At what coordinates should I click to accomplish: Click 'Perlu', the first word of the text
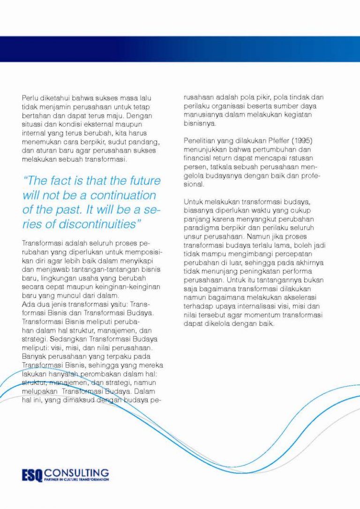tap(30, 97)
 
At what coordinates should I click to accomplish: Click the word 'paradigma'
tap(200, 228)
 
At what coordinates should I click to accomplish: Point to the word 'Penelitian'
tap(201, 141)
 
